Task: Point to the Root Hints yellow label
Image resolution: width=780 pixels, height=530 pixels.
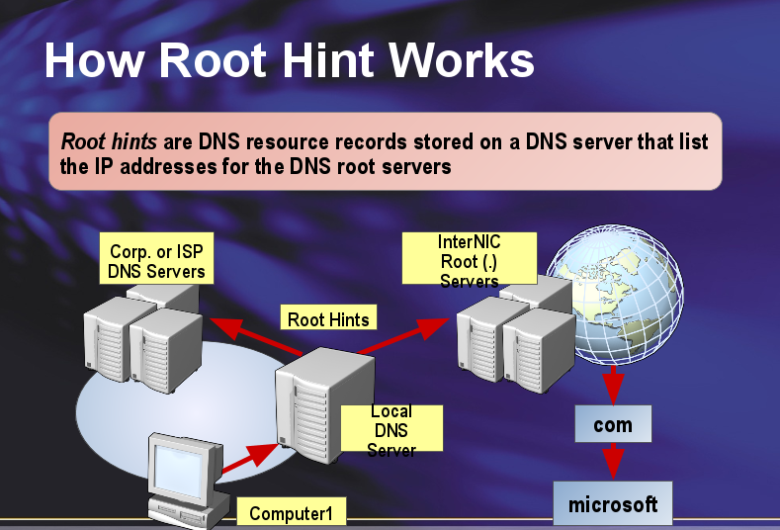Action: pos(328,318)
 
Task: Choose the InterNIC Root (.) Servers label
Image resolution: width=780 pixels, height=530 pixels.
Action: pos(470,259)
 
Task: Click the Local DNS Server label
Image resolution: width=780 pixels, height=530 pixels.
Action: pos(391,429)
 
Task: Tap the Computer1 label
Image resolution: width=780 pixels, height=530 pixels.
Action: pos(298,512)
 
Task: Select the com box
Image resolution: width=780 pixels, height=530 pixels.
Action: pos(613,425)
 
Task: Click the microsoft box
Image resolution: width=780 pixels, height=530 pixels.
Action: pos(612,504)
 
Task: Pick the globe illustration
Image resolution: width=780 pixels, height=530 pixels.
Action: pos(615,296)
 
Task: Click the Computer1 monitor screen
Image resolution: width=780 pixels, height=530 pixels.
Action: pos(179,463)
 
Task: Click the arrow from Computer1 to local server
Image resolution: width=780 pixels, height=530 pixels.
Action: pos(249,458)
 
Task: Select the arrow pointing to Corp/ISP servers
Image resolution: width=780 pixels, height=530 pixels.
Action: pos(255,336)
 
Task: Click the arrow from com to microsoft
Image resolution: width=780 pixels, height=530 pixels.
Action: pos(613,460)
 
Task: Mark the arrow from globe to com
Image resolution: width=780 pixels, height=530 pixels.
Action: pos(613,384)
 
